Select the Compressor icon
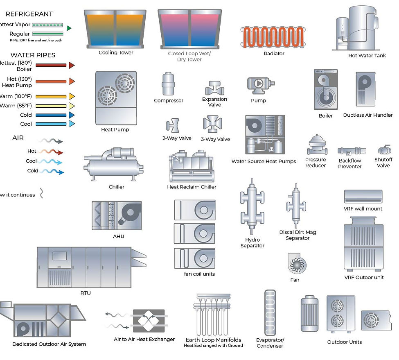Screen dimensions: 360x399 click(x=168, y=84)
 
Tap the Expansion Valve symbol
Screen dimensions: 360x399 click(x=214, y=88)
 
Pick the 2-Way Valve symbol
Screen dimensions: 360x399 click(x=173, y=126)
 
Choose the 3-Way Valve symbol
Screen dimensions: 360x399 click(x=213, y=125)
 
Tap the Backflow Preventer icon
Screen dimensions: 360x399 click(x=352, y=151)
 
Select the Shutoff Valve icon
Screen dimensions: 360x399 click(x=384, y=150)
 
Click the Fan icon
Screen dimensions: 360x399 click(x=295, y=263)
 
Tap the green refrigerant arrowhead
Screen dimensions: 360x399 click(x=69, y=28)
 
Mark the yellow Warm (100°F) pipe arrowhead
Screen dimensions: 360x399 click(x=72, y=97)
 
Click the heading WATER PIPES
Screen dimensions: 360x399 click(x=33, y=55)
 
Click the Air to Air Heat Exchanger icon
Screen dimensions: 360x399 click(x=149, y=321)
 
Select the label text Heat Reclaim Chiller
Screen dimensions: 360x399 click(x=192, y=187)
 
